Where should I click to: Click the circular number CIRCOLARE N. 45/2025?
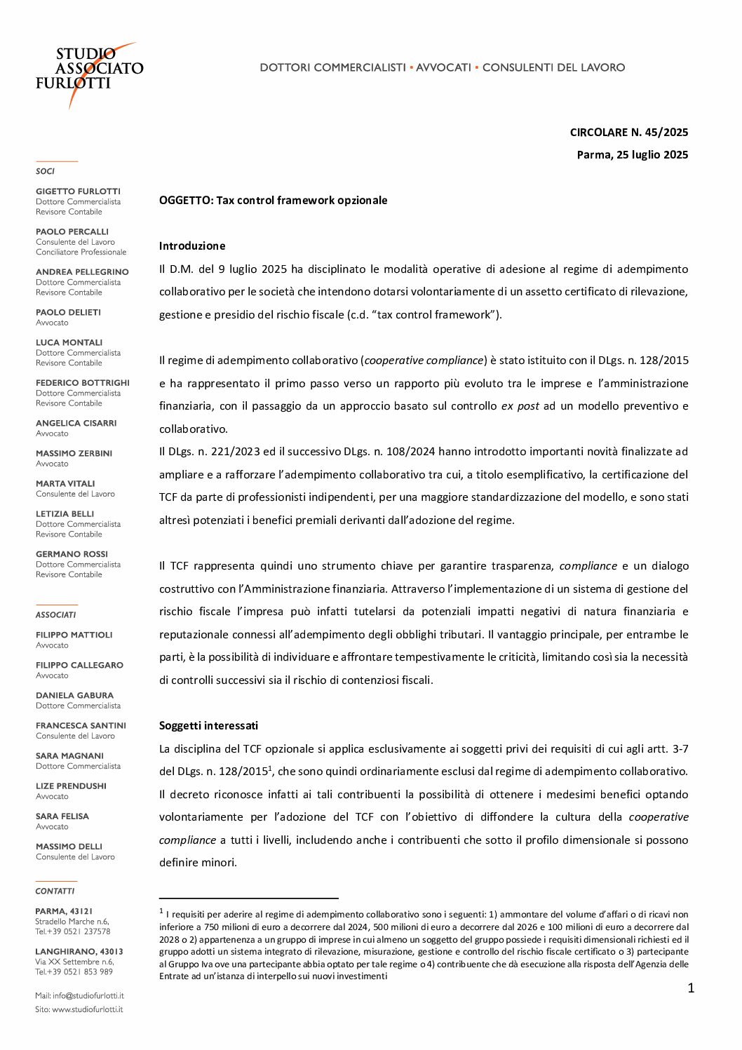pos(628,133)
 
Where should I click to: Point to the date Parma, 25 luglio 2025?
pos(632,155)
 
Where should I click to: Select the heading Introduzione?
pos(192,246)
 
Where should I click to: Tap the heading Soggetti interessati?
pos(208,726)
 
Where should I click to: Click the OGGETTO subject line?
pos(273,201)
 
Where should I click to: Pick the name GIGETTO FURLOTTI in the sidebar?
pos(78,191)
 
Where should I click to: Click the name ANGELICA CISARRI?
pos(76,424)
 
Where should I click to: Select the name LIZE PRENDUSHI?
pos(71,786)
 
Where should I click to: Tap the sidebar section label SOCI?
pos(45,171)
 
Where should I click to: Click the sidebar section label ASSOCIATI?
pos(55,615)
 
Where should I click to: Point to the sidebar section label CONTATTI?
pos(55,891)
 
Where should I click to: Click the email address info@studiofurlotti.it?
pos(88,996)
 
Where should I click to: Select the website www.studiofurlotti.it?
pos(87,1010)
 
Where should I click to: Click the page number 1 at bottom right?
pos(691,989)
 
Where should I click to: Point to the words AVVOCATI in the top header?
pos(443,68)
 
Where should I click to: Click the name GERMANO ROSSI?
pos(72,554)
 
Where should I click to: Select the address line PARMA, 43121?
pos(64,911)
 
